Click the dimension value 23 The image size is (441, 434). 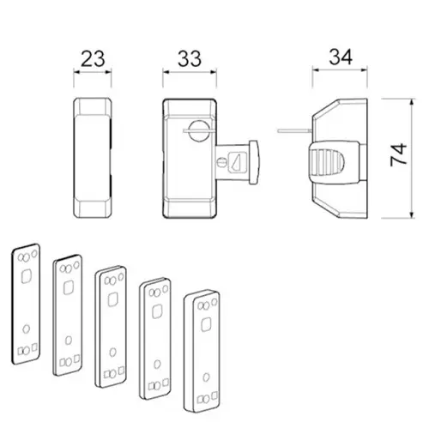93,59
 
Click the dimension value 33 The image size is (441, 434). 190,59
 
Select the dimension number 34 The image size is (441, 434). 341,57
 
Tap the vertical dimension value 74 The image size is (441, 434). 398,154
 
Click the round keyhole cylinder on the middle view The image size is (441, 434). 199,130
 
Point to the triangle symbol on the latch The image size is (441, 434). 237,163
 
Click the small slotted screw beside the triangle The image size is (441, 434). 222,163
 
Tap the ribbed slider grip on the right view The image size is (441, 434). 327,162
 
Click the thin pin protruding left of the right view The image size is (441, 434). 294,131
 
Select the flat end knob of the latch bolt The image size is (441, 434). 253,162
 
